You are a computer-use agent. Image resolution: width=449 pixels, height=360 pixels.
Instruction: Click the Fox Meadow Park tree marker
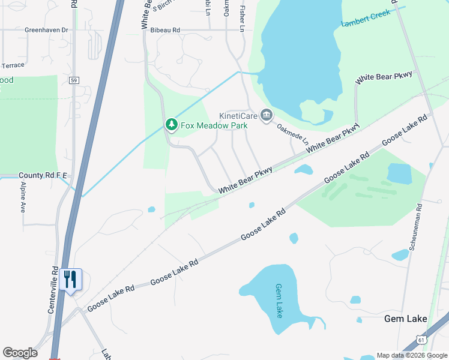tap(172, 124)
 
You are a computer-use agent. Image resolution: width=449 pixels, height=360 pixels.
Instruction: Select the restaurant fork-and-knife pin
tap(70, 280)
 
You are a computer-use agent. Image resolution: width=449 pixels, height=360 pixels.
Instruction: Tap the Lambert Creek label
tap(366, 18)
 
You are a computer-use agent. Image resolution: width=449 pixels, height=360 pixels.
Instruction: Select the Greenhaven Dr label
tap(46, 29)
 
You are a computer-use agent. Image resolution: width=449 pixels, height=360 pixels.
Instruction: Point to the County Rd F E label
tap(44, 175)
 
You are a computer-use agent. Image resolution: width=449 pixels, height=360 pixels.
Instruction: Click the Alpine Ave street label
tap(22, 199)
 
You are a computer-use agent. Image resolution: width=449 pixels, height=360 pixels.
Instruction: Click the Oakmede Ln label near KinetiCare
tap(292, 134)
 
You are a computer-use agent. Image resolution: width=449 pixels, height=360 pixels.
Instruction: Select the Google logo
tap(20, 353)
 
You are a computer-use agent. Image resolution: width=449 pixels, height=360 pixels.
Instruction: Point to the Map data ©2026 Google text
tap(412, 355)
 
